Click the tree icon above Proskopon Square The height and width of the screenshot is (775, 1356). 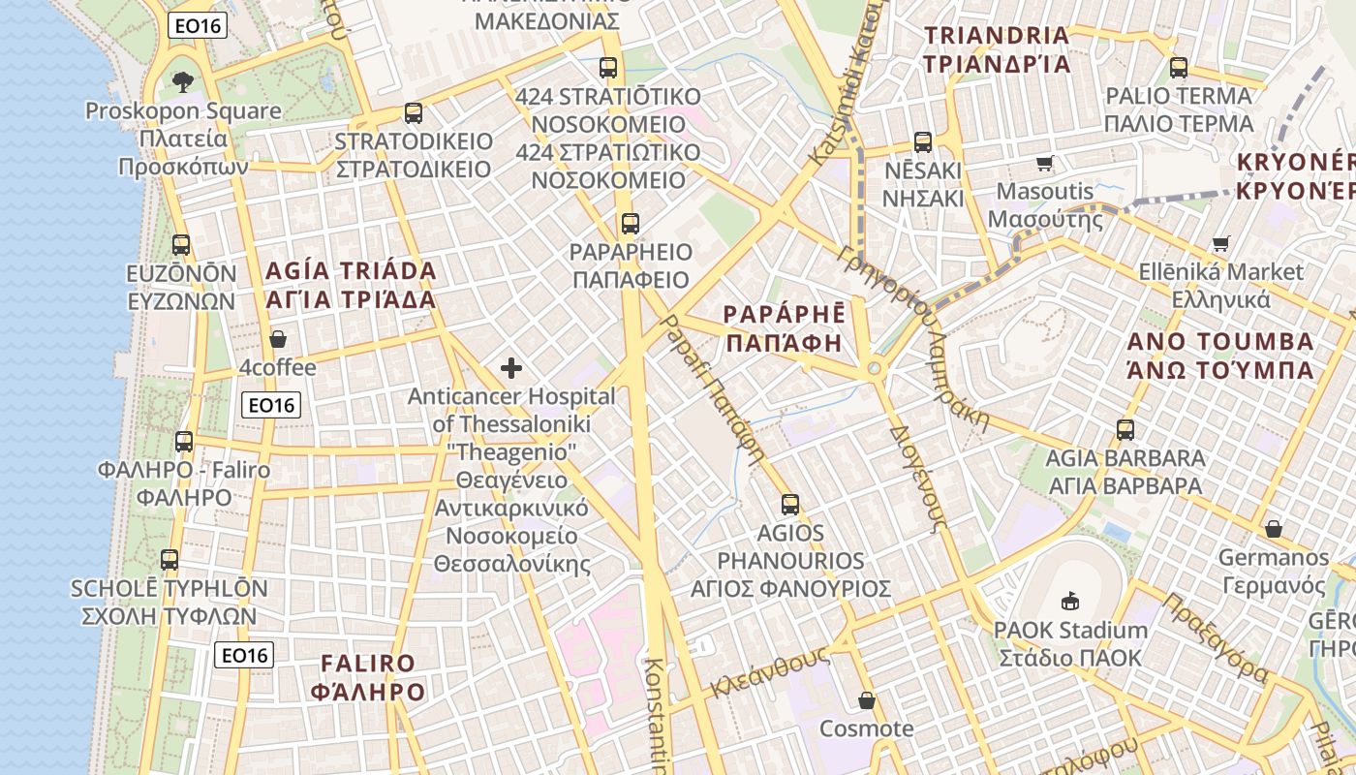coord(181,81)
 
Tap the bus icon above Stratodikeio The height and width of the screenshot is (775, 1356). coord(414,113)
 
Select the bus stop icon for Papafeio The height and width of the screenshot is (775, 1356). coord(631,224)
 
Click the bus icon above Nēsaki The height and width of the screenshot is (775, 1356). coord(923,142)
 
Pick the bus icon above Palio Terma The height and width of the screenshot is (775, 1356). coord(1179,68)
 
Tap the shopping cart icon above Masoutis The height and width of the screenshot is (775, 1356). coord(1045,163)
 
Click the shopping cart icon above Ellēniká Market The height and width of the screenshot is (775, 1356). coord(1221,243)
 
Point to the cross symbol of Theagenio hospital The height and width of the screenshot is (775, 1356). coord(511,368)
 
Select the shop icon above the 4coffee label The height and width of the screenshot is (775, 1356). coord(278,339)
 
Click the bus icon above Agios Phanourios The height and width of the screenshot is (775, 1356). coord(790,504)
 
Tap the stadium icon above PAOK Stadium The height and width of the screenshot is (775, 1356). coord(1070,602)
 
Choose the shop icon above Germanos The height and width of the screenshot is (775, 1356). coord(1274,529)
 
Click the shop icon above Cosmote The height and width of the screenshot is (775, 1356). coord(867,700)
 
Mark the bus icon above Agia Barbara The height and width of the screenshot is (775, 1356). coord(1125,429)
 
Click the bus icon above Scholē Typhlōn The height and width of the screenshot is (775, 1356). coord(169,560)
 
